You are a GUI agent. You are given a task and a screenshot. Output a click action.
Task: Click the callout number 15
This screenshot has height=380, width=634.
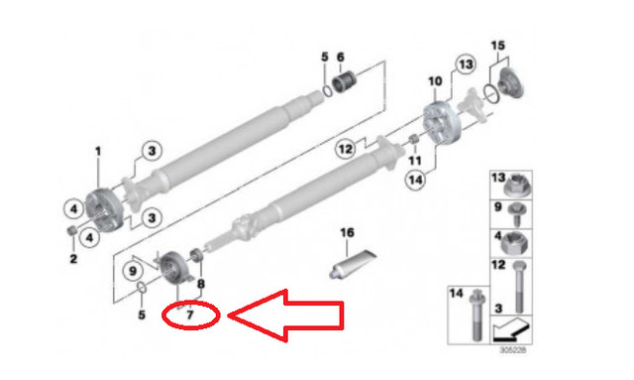[x=497, y=46]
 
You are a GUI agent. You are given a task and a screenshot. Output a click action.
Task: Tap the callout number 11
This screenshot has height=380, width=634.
[x=415, y=160]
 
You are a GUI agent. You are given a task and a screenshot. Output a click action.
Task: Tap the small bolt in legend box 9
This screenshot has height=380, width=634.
[x=518, y=211]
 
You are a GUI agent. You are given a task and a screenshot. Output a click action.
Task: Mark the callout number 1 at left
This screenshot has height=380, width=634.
[x=97, y=151]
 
